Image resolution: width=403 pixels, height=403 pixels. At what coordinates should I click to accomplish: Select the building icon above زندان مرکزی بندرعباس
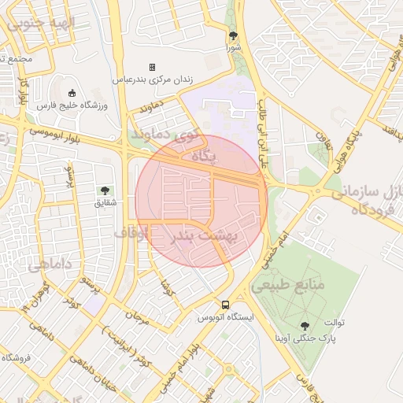(x=153, y=67)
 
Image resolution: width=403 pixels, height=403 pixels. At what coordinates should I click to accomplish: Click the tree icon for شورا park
(x=233, y=35)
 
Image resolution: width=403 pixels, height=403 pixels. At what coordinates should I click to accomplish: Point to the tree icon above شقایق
(x=104, y=190)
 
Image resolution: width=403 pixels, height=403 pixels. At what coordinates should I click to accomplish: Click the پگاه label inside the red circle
(x=203, y=156)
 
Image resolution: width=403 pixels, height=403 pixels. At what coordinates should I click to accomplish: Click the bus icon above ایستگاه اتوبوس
(x=226, y=305)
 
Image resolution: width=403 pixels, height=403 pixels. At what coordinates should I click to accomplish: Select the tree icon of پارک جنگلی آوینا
(x=305, y=325)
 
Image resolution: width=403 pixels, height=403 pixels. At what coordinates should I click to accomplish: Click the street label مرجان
(x=139, y=317)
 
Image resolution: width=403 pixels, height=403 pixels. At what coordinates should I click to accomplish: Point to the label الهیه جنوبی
(x=37, y=24)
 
